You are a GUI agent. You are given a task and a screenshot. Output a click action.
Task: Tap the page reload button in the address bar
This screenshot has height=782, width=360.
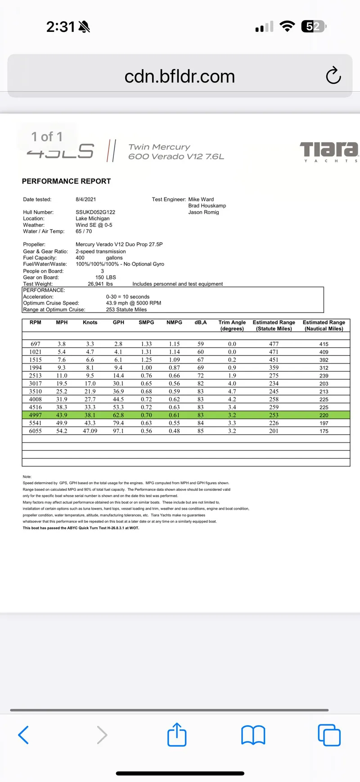pos(333,76)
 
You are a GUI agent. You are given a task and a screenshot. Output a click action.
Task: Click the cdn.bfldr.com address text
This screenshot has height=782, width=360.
pos(180,76)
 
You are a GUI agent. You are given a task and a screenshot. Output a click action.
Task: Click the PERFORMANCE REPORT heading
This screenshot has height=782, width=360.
pos(66,181)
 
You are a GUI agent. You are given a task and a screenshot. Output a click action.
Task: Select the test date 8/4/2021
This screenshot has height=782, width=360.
pos(85,199)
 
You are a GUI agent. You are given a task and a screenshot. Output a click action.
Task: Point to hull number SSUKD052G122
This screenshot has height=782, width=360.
pos(95,212)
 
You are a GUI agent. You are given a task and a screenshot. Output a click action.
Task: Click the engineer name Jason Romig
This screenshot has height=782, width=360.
pos(203,212)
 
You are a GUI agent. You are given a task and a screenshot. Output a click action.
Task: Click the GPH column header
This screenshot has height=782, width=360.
pos(118,323)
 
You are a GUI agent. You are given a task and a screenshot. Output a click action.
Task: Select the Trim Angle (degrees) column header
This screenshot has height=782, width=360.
pos(232,325)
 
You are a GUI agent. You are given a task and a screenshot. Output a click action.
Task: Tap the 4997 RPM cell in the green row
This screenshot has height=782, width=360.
pos(36,415)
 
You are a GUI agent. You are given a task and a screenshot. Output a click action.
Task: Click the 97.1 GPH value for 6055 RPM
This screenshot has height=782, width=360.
pos(118,431)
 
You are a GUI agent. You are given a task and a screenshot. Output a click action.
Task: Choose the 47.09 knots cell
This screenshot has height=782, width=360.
pos(90,431)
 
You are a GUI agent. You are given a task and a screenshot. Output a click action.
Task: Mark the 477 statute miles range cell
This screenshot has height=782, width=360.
pos(274,344)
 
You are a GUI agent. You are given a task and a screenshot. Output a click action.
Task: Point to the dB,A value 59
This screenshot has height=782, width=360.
pos(201,344)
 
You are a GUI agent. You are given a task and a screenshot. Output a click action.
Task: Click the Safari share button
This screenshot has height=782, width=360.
pos(177,735)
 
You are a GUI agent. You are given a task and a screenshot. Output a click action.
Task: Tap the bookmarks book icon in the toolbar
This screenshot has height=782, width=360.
pos(253,735)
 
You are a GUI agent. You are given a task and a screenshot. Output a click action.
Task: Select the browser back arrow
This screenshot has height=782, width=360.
pos(23,735)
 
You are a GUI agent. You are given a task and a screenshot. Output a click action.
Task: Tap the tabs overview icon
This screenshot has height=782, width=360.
pos(329,735)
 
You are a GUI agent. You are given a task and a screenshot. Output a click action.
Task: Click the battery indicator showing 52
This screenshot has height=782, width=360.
pos(314,27)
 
